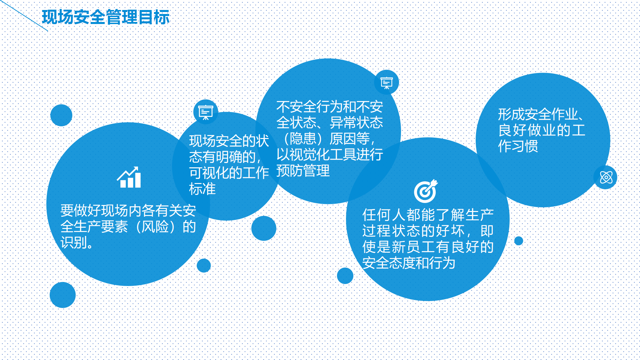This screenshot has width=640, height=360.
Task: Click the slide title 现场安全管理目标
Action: [106, 17]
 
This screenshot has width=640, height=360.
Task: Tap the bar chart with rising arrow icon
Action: [129, 177]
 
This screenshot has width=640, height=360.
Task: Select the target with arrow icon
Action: [426, 191]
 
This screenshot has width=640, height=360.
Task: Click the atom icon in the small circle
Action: [606, 177]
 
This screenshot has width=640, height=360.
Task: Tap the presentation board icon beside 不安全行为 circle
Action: [387, 83]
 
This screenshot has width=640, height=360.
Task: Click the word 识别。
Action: [77, 243]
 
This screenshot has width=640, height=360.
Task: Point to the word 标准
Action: [202, 189]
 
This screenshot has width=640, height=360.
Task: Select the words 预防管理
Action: [303, 171]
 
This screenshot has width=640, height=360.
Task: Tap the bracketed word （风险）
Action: [155, 227]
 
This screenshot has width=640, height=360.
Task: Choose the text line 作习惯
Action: [518, 146]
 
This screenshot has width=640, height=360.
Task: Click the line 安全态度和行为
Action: [409, 263]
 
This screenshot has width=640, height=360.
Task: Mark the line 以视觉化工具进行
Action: [330, 155]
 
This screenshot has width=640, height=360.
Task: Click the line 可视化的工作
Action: [229, 173]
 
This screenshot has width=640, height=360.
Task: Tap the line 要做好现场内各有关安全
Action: [128, 211]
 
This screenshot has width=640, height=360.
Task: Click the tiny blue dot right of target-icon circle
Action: [519, 241]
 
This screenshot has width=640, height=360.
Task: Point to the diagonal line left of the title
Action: [24, 15]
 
